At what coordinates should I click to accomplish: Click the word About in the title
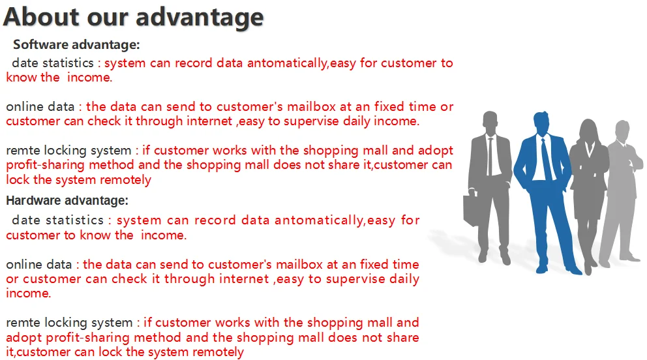41,17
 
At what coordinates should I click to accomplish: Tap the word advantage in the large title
200,18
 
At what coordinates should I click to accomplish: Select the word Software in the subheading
37,44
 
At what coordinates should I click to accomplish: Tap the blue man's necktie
547,158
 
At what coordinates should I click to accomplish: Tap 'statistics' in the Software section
68,63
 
